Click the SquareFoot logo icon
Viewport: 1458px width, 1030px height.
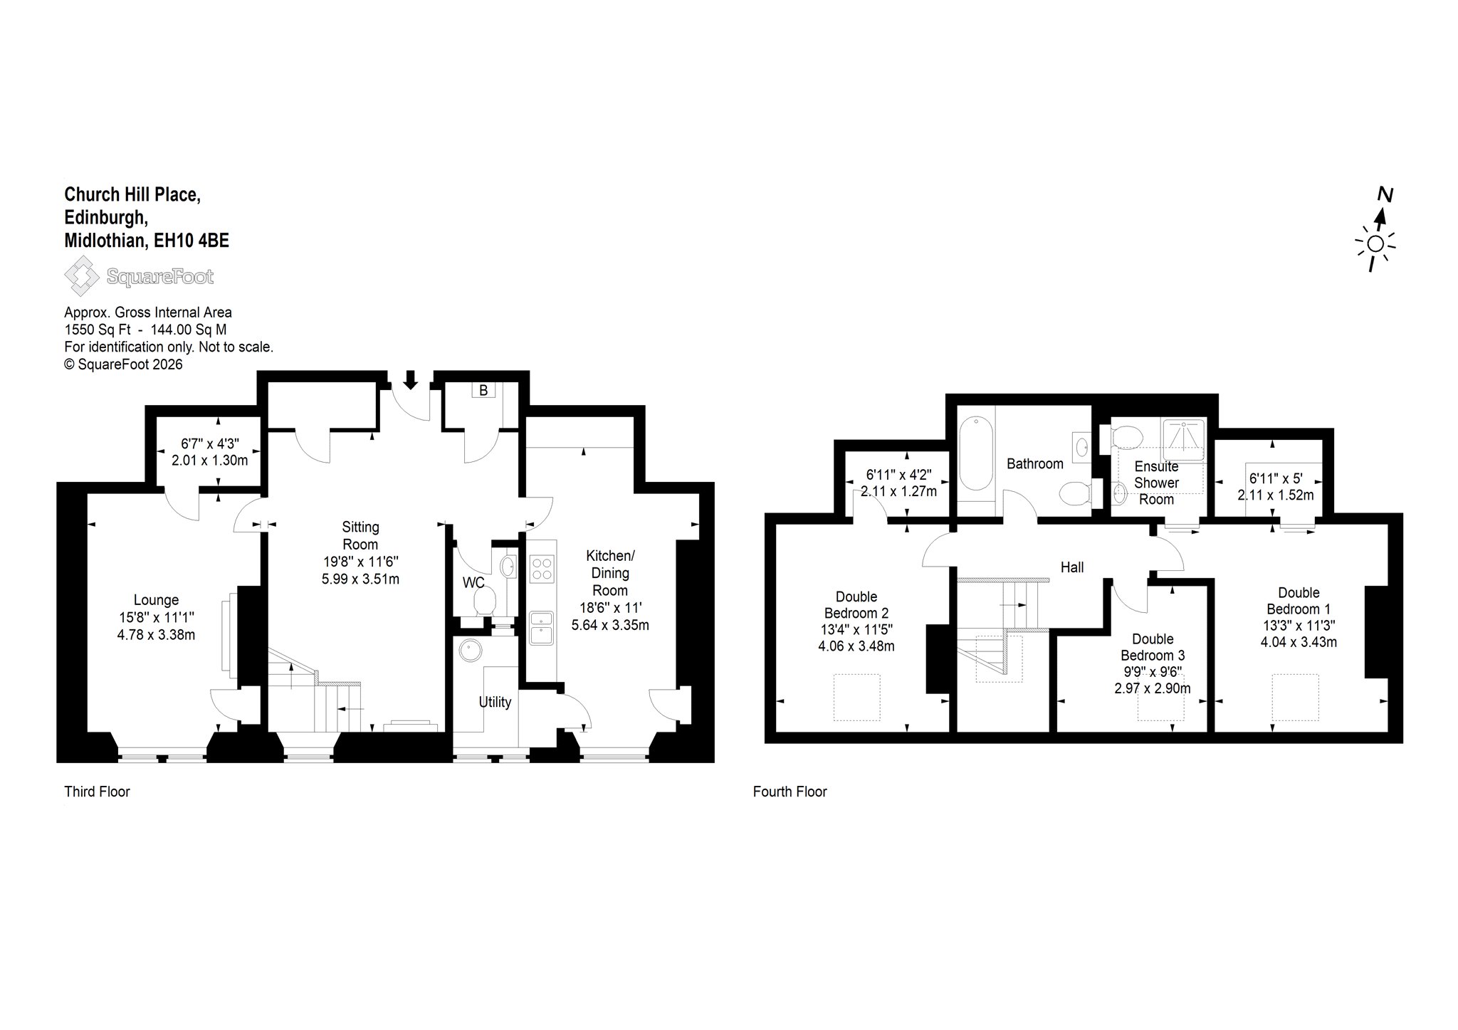pyautogui.click(x=83, y=276)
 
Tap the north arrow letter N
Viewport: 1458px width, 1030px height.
pyautogui.click(x=1385, y=194)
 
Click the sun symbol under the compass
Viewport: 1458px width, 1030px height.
pyautogui.click(x=1375, y=244)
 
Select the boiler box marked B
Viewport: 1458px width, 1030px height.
pyautogui.click(x=483, y=390)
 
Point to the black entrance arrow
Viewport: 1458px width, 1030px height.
pyautogui.click(x=410, y=379)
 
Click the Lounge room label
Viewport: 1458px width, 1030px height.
pyautogui.click(x=157, y=600)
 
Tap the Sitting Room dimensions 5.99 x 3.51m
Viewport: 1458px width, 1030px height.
pyautogui.click(x=360, y=579)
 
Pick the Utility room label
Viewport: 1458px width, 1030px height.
pyautogui.click(x=495, y=702)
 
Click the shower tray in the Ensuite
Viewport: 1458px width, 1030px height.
pyautogui.click(x=1183, y=440)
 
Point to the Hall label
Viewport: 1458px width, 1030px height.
pyautogui.click(x=1072, y=567)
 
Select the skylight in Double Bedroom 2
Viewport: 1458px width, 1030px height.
pyautogui.click(x=857, y=698)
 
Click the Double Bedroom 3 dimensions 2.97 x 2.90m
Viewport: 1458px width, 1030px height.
pyautogui.click(x=1153, y=688)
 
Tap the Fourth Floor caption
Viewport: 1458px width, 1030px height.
pyautogui.click(x=790, y=792)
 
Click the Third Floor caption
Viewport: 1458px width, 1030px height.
pyautogui.click(x=98, y=792)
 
